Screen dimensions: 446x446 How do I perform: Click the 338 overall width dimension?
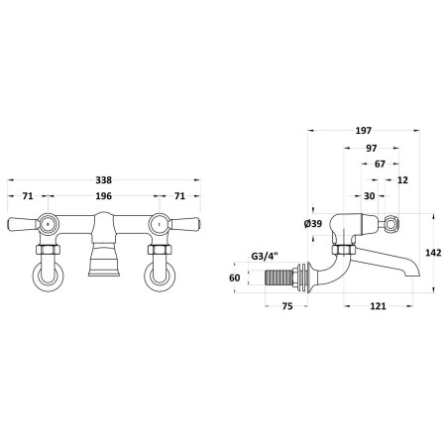[x=104, y=180]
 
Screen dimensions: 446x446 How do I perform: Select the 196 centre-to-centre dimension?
[x=104, y=196]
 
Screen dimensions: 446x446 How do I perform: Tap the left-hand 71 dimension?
[x=28, y=196]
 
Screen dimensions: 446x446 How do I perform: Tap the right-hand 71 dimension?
[x=179, y=196]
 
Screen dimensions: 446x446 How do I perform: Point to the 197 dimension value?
[x=364, y=131]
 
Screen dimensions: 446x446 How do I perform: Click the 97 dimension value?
[x=372, y=149]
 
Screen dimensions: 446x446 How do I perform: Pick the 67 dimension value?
[x=380, y=164]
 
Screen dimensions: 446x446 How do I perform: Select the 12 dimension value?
[x=402, y=180]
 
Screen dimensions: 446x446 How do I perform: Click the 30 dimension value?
[x=370, y=196]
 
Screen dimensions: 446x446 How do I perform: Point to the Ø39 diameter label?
[x=312, y=224]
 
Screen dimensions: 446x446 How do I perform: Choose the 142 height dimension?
[x=433, y=253]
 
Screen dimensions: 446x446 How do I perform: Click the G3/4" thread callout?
[x=265, y=256]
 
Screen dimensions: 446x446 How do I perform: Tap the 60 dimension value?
[x=235, y=278]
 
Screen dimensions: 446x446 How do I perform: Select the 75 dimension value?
[x=287, y=306]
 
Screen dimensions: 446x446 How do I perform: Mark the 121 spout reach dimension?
[x=378, y=306]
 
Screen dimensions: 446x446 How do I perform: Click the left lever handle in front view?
[x=24, y=224]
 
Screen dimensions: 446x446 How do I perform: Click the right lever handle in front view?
[x=183, y=224]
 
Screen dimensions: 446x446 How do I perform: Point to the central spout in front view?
[x=104, y=245]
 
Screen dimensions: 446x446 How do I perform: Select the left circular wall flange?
[x=49, y=277]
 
